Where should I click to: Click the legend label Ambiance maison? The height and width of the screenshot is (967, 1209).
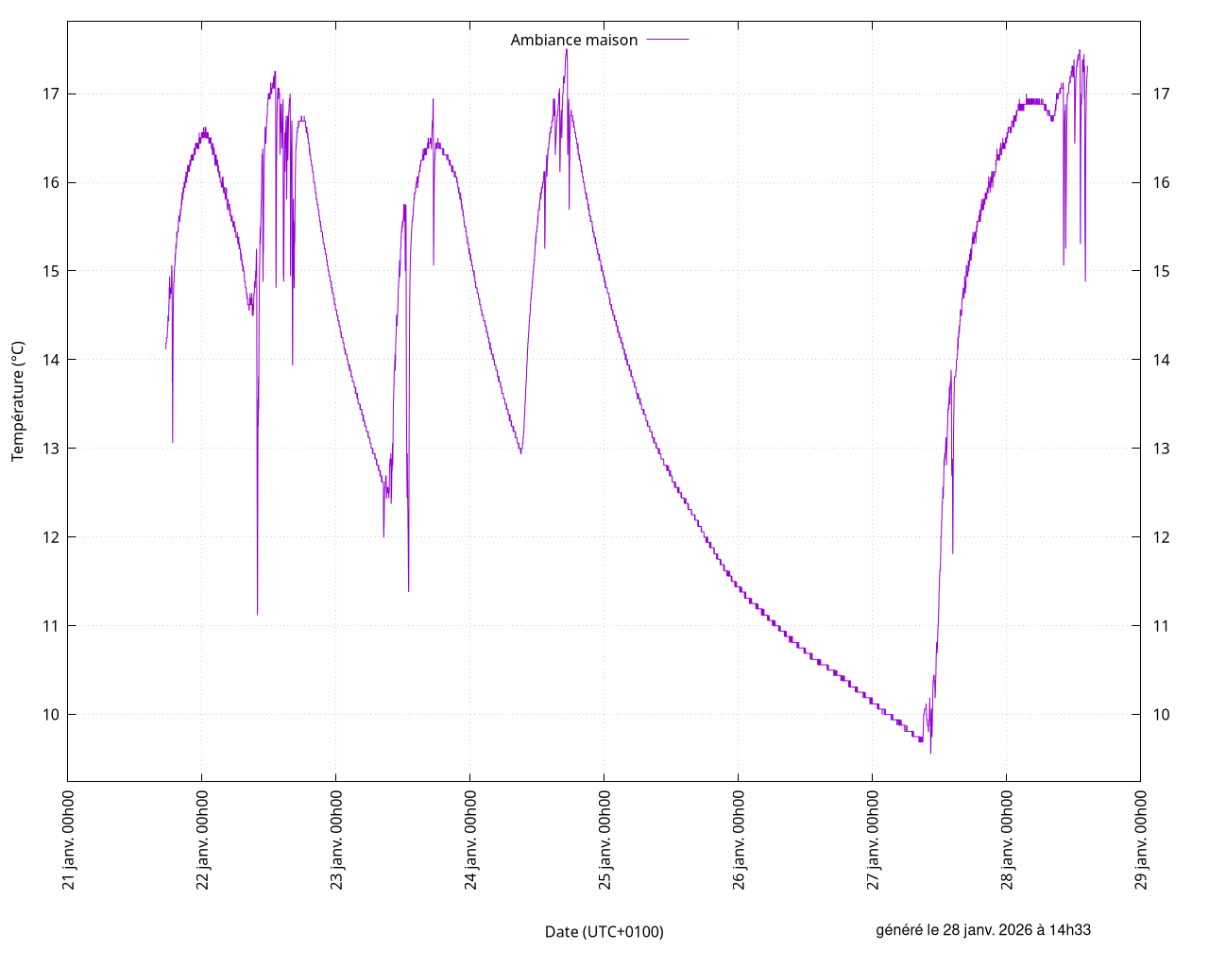[x=573, y=40]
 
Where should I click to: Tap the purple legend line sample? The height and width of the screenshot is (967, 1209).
[x=668, y=40]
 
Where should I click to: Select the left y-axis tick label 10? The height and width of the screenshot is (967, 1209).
[x=51, y=714]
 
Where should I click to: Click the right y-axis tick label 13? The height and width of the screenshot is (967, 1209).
[x=1161, y=449]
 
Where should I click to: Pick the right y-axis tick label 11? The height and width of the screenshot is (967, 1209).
[x=1161, y=625]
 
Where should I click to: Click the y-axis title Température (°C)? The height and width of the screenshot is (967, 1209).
[x=18, y=401]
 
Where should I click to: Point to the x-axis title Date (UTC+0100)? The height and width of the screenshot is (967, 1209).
[x=604, y=932]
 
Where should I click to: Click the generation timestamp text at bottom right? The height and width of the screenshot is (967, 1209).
[x=983, y=930]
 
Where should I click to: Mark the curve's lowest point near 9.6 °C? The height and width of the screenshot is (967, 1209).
[x=930, y=753]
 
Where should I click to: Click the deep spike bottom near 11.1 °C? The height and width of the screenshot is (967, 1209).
[x=257, y=614]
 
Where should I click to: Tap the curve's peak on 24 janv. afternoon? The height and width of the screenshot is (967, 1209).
[x=567, y=50]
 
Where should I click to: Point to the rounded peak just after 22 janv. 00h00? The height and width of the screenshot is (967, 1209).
[x=204, y=129]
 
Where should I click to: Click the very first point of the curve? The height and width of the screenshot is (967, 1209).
[x=165, y=348]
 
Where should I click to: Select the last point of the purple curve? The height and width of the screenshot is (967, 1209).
[x=1087, y=67]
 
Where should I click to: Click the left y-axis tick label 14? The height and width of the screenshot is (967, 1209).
[x=51, y=360]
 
